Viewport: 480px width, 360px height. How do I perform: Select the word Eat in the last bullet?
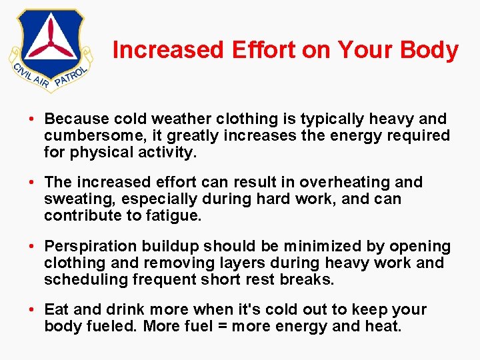pyautogui.click(x=55, y=310)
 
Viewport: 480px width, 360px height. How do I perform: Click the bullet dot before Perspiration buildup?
pyautogui.click(x=32, y=247)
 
